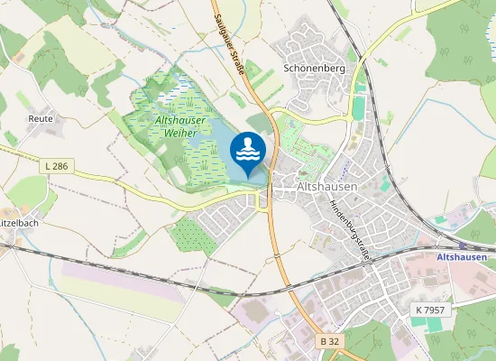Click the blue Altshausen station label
point(462,258)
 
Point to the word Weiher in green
point(180,134)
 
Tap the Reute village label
point(41,118)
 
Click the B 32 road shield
point(331,341)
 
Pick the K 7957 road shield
point(430,310)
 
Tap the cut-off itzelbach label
point(17,221)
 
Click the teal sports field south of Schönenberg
point(360,107)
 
